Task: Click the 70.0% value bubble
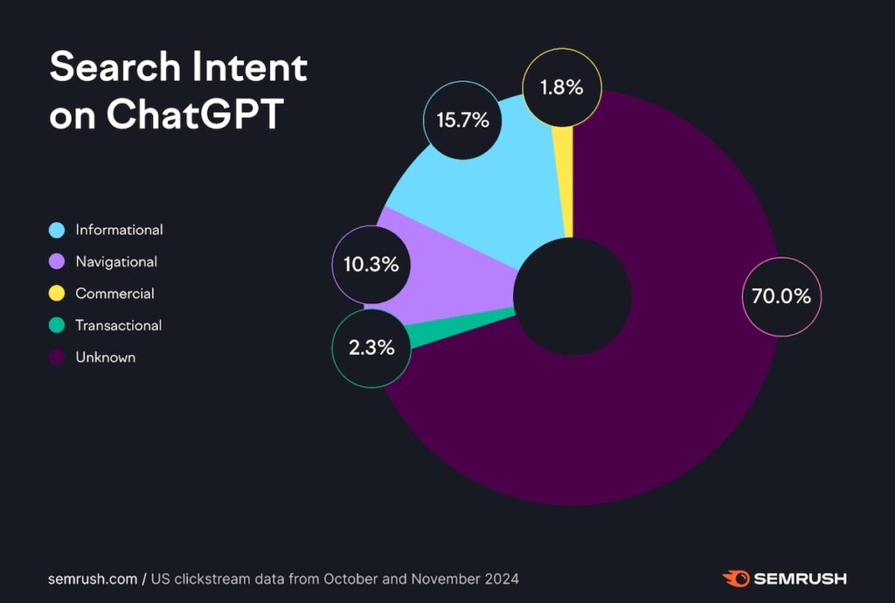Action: coord(781,296)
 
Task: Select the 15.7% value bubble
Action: coord(462,121)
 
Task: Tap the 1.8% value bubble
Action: coord(562,87)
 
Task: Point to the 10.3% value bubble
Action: coord(371,264)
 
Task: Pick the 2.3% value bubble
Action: coord(371,348)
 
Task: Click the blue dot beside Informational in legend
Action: coord(57,231)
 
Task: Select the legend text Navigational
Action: coord(116,262)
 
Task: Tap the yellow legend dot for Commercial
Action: coord(57,295)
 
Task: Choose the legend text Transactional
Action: coord(119,326)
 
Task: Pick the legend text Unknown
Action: coord(105,357)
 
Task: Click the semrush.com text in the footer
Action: coord(92,579)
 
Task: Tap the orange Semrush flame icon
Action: coord(736,579)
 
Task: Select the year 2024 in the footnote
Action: coord(502,579)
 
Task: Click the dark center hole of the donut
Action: coord(572,297)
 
